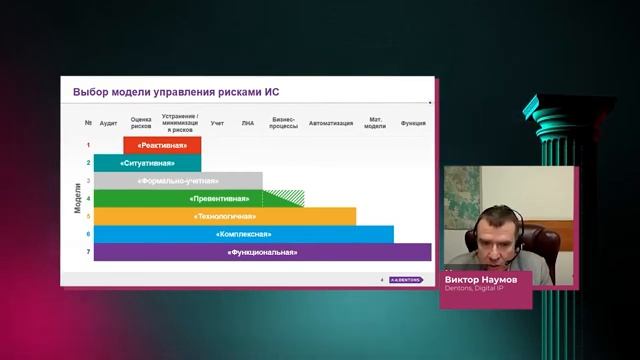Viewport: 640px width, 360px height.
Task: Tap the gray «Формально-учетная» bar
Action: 178,181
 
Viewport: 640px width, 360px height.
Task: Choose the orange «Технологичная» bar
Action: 225,216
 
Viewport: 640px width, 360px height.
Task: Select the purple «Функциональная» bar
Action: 262,252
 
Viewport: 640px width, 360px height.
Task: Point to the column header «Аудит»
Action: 109,123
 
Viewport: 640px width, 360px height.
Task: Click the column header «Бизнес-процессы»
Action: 284,123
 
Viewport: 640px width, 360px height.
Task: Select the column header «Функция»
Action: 413,123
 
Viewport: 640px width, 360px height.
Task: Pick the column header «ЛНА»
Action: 247,123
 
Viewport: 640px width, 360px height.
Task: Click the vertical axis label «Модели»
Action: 78,198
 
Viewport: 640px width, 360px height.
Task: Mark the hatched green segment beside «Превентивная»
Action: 290,198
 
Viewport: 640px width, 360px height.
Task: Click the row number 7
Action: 88,252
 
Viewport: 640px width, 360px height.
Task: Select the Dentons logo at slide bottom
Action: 406,279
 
